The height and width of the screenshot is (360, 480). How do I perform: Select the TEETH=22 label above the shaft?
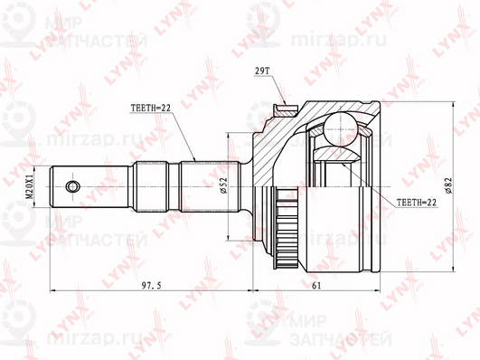pos(150,110)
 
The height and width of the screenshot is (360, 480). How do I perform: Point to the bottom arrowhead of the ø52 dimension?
pos(231,239)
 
